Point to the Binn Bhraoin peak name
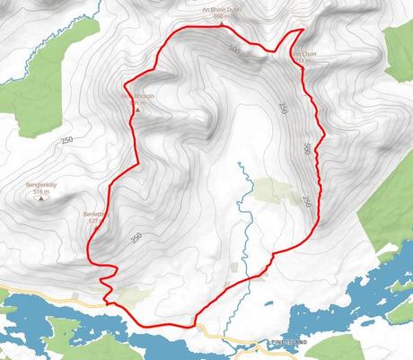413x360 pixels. (133, 95)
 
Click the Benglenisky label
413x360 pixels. (41, 185)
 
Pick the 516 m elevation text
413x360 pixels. (41, 192)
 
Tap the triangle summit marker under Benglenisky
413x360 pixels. (41, 199)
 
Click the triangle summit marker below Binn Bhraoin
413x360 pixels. (136, 110)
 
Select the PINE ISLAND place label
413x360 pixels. (290, 343)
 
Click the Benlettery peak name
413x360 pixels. (94, 215)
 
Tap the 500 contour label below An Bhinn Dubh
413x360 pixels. (235, 48)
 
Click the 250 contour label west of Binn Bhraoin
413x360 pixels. (66, 140)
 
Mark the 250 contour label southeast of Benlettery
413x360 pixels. (136, 238)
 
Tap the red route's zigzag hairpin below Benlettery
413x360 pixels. (108, 272)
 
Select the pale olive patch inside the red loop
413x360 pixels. (268, 189)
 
